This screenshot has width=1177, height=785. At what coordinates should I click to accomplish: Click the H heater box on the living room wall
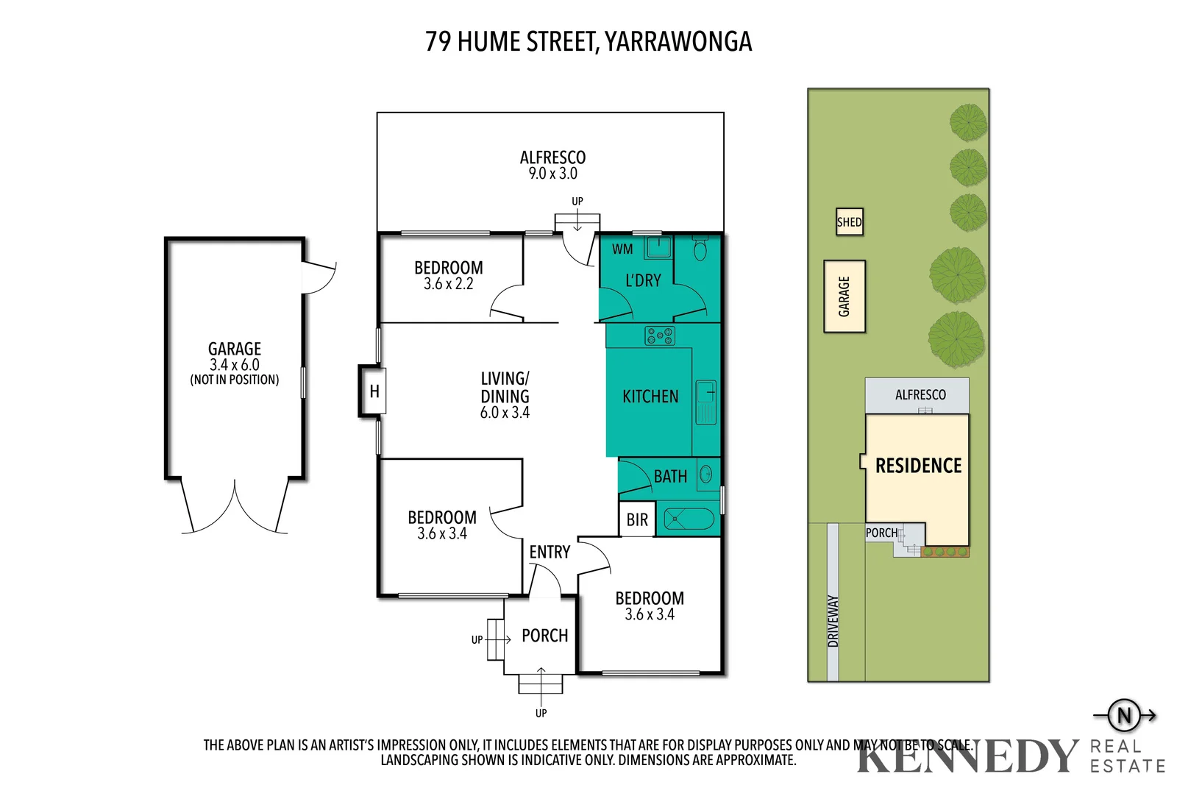point(374,391)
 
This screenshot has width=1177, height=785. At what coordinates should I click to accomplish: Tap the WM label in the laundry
point(622,249)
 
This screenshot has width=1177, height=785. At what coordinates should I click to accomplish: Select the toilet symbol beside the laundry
point(700,250)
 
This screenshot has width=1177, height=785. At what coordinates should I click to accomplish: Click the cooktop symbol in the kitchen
point(660,336)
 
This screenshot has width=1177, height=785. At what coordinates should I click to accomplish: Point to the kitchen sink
point(706,402)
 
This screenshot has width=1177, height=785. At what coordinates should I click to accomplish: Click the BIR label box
point(637,520)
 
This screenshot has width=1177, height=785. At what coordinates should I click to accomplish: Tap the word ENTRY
point(550,552)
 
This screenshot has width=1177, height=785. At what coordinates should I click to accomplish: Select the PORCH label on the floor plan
point(544,636)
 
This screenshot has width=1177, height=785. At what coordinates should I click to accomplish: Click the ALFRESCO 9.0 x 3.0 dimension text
point(552,174)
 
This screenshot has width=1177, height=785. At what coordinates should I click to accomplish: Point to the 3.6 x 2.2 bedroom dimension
point(448,284)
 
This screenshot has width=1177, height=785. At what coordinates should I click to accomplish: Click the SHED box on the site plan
point(849,221)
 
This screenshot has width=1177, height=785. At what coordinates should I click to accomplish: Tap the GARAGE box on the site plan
point(844,296)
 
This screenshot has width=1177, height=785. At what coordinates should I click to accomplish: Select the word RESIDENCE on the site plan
point(918,466)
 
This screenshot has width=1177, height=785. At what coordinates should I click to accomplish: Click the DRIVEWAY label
point(833,621)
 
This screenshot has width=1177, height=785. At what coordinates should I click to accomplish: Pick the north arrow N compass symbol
point(1124,715)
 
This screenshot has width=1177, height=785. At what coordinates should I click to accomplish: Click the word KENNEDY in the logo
point(967,757)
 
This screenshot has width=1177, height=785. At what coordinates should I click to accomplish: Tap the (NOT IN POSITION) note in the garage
point(235,380)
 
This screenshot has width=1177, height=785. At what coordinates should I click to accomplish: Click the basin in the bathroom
point(706,475)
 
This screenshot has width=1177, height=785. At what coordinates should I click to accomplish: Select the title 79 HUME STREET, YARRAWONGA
point(588,42)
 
